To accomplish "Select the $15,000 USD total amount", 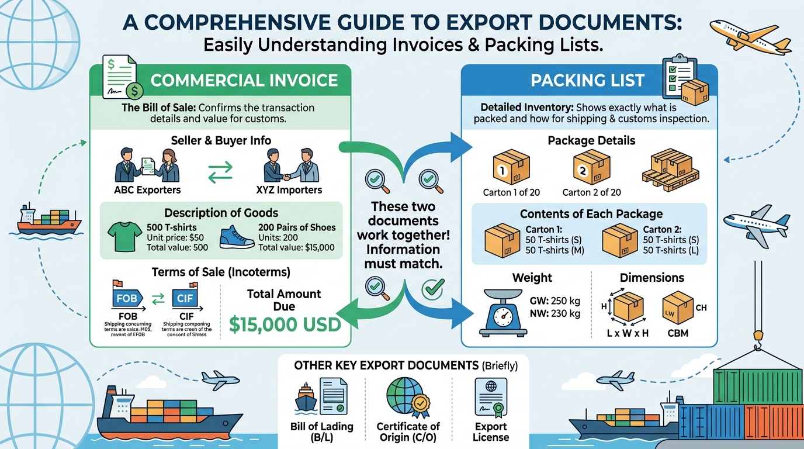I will pos(285,324).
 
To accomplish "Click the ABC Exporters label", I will pos(147,189).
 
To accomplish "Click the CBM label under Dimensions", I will pos(677,333).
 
